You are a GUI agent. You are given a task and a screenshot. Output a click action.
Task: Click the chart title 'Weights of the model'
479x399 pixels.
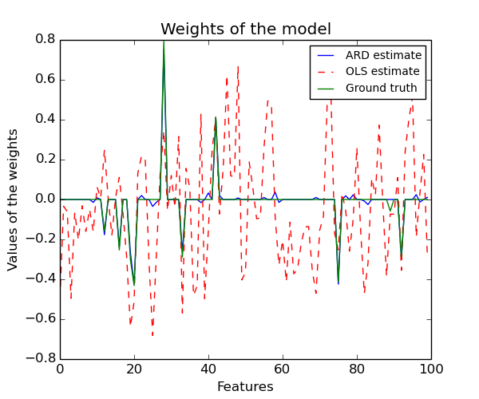click(246, 30)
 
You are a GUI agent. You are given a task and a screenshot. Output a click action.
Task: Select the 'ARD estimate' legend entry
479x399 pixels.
click(383, 56)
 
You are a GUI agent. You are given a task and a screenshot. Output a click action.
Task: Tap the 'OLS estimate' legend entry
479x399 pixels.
click(382, 72)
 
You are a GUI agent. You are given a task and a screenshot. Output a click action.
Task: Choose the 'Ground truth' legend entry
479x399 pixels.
click(382, 88)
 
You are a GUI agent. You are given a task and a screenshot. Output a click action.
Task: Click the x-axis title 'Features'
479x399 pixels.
click(245, 387)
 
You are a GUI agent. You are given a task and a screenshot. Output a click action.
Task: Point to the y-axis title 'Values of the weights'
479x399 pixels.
click(14, 199)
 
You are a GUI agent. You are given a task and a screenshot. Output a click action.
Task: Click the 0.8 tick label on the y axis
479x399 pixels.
click(45, 40)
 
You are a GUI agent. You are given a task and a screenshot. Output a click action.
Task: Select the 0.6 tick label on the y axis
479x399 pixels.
click(45, 80)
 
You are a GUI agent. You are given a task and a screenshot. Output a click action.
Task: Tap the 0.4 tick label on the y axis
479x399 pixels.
click(45, 120)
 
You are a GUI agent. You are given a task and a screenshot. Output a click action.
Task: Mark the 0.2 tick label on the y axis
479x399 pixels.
click(45, 160)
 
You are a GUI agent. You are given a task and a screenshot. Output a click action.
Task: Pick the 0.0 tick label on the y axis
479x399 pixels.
click(45, 199)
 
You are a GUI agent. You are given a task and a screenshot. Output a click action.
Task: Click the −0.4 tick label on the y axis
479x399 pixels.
click(42, 279)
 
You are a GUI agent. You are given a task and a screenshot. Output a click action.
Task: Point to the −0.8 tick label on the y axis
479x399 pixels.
click(42, 359)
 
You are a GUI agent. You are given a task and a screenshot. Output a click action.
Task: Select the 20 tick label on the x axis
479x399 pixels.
click(134, 369)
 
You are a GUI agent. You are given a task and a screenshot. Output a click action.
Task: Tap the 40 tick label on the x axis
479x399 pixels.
click(208, 369)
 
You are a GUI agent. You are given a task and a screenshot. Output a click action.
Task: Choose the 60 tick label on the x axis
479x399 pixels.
click(283, 369)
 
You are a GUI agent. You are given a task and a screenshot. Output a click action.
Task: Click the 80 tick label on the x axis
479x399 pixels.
click(357, 369)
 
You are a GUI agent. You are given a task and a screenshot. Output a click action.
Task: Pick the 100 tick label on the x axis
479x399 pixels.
click(431, 369)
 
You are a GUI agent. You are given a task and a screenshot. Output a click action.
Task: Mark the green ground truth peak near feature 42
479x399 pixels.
click(216, 118)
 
